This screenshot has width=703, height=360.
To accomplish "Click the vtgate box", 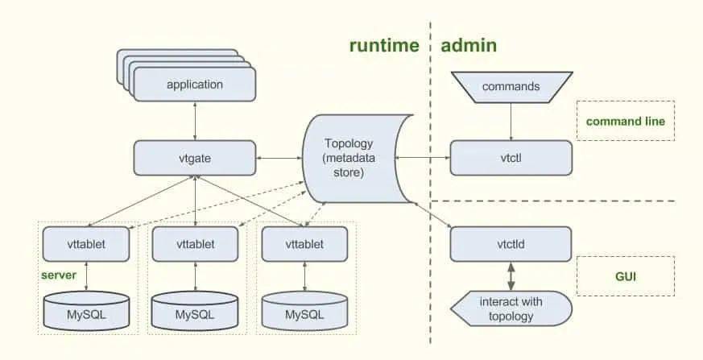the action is [195, 158].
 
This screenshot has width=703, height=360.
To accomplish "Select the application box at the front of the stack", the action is [195, 85].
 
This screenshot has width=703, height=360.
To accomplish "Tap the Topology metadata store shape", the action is [358, 159].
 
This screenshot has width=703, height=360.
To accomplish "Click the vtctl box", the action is [511, 158].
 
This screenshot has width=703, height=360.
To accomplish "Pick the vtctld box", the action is [511, 244].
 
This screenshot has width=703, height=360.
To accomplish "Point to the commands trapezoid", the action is [511, 87].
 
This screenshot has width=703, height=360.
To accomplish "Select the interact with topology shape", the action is [511, 308].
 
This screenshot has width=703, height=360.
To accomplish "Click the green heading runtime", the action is [384, 46].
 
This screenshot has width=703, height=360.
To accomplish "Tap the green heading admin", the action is [469, 45].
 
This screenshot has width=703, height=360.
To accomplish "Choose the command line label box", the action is [626, 121].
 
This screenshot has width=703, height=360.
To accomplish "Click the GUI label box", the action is [626, 276].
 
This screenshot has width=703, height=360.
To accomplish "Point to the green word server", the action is [59, 275].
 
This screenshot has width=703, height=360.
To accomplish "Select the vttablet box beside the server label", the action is [86, 244].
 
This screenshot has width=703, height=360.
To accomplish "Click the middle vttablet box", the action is [195, 244].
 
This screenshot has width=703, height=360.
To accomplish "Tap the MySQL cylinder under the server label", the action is [86, 311].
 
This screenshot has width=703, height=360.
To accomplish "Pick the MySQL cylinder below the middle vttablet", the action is [195, 311].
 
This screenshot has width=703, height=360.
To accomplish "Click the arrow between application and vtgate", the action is [195, 121].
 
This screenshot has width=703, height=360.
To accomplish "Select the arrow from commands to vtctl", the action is [511, 122].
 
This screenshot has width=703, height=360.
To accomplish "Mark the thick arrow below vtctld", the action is [511, 276].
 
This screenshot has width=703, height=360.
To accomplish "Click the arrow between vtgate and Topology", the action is [279, 158].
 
